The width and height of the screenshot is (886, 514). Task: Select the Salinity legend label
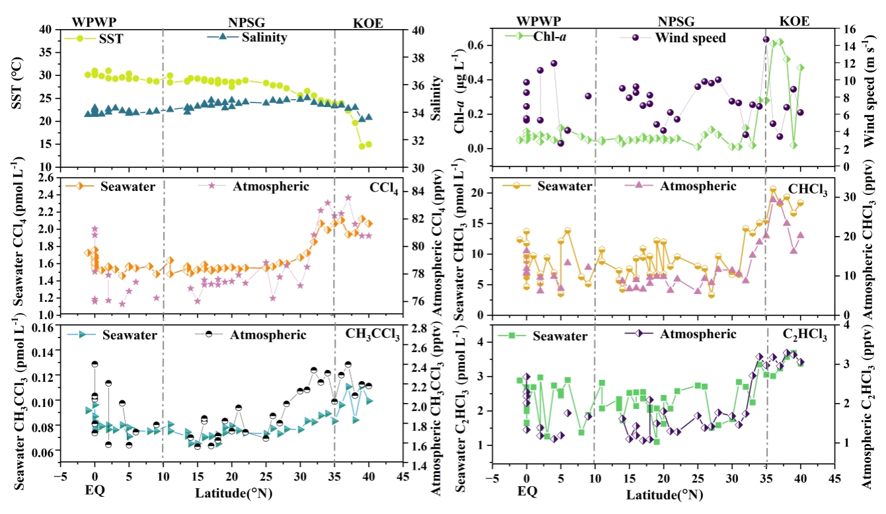point(265,37)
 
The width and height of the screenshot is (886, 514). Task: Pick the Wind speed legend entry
point(690,38)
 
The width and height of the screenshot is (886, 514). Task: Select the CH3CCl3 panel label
point(373,334)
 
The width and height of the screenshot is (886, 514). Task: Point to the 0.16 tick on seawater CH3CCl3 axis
point(42,327)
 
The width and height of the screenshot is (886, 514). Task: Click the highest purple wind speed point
point(766,40)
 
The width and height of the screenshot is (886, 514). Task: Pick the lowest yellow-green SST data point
point(362,146)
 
